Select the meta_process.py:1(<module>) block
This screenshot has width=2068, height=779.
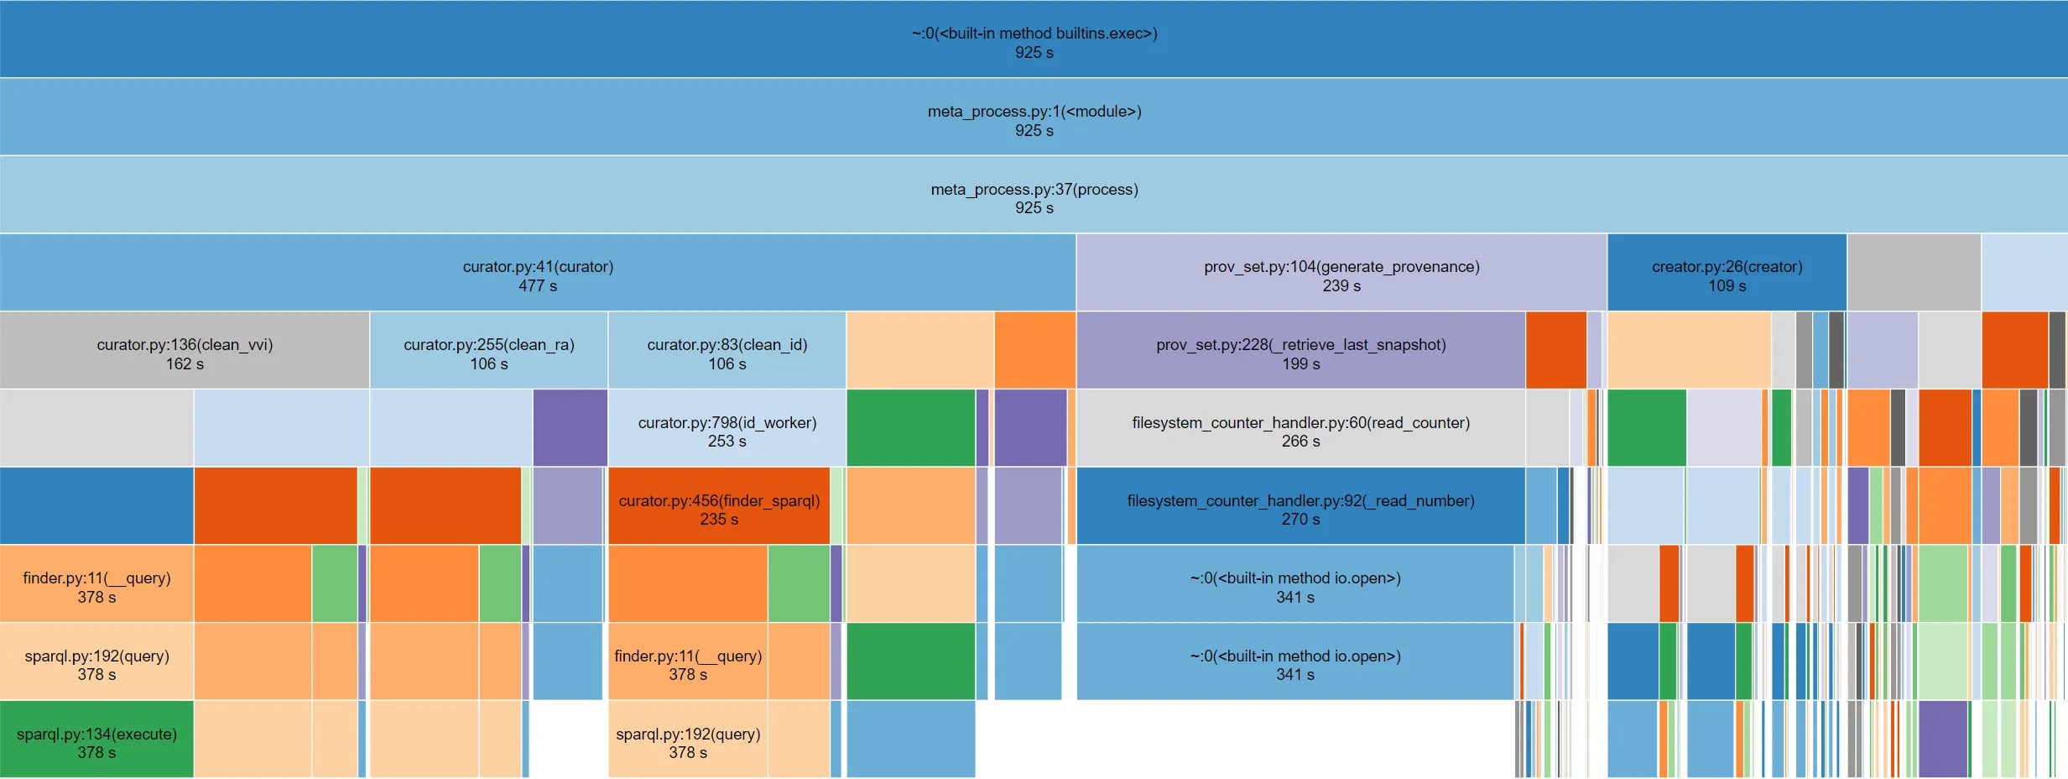1034,118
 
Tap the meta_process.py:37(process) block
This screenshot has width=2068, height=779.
1034,195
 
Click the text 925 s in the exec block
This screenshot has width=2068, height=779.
1034,53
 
